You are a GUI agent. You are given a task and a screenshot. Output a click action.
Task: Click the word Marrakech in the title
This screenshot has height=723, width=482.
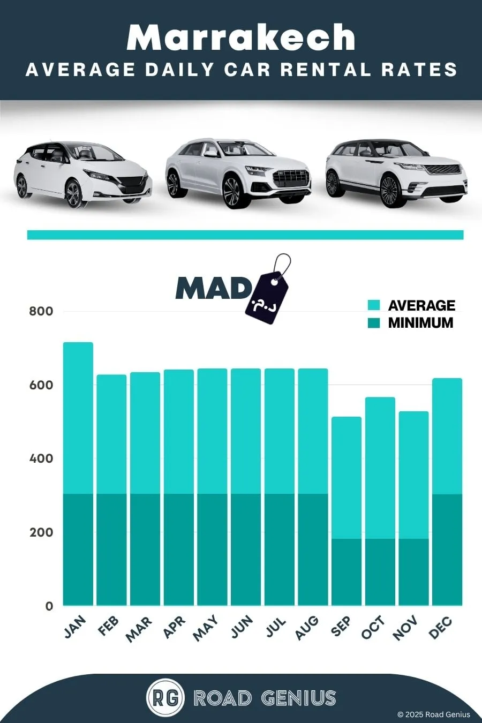click(x=241, y=38)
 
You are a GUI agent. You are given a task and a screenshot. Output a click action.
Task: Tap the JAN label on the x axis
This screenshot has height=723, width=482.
click(x=75, y=627)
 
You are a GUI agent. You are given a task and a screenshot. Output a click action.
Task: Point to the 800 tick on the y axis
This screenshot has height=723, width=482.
click(x=41, y=312)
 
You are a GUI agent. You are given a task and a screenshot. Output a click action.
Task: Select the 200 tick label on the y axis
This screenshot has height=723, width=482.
click(x=41, y=532)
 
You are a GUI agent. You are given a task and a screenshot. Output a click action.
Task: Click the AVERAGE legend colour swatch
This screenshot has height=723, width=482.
click(x=374, y=305)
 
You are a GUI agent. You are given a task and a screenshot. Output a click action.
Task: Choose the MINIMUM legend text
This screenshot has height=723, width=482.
click(x=420, y=323)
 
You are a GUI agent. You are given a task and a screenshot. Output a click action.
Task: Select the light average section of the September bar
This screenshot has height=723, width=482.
click(x=347, y=478)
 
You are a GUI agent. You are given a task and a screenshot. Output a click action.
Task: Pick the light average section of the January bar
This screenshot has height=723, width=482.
click(x=78, y=418)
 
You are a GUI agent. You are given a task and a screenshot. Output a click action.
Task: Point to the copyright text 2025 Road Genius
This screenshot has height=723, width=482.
click(x=433, y=714)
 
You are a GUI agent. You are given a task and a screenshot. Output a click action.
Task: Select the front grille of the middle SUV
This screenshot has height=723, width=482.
click(x=291, y=179)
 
